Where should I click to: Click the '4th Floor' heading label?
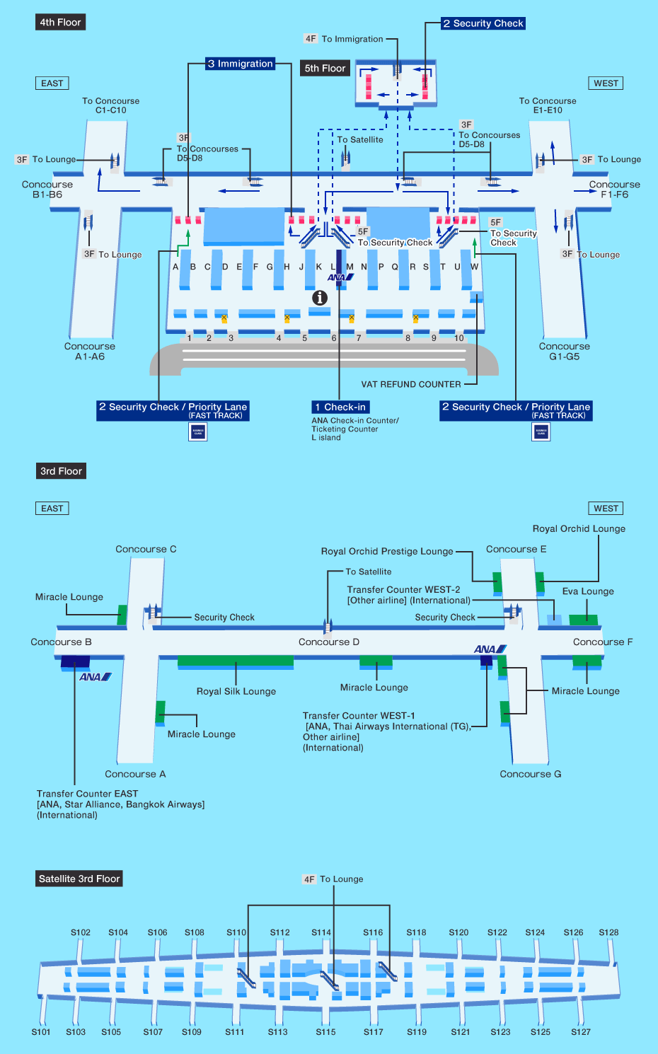[x=60, y=23]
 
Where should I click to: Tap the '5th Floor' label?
[x=325, y=69]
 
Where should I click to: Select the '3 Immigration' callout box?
[x=240, y=64]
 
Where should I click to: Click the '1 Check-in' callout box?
[x=340, y=407]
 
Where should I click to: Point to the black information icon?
[x=320, y=298]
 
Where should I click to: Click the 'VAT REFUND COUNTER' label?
[x=410, y=385]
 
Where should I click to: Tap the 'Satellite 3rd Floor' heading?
[x=79, y=879]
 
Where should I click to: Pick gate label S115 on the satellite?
[x=325, y=1032]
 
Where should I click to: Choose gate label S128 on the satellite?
[x=608, y=932]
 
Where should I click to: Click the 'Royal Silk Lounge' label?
[x=236, y=691]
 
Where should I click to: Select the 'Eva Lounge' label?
[x=588, y=591]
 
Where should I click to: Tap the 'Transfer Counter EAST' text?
[x=88, y=794]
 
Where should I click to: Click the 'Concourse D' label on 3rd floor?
[x=329, y=642]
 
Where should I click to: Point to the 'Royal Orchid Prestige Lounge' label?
[x=387, y=552]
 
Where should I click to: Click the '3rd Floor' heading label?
[x=61, y=471]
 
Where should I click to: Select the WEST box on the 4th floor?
[x=606, y=83]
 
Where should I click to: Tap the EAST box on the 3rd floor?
[x=52, y=509]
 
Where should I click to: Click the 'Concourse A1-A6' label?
[x=90, y=352]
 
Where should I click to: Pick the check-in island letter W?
[x=474, y=267]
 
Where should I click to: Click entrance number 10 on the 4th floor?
[x=459, y=338]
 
